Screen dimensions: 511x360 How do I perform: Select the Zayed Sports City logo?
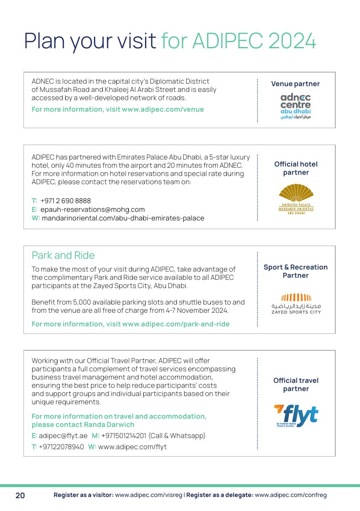click(x=296, y=304)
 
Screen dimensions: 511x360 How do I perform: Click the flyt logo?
click(x=296, y=416)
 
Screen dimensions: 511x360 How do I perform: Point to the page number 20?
click(x=20, y=495)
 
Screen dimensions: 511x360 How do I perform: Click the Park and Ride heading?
click(x=63, y=255)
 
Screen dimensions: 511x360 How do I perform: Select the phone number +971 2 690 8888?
click(x=65, y=201)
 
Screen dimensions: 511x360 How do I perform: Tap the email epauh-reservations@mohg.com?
click(x=93, y=209)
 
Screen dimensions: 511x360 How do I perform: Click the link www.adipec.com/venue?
click(x=163, y=109)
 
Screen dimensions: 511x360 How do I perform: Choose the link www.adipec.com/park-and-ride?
click(x=176, y=324)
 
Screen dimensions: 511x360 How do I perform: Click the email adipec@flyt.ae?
click(x=63, y=436)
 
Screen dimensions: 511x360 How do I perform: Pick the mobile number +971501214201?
click(x=124, y=436)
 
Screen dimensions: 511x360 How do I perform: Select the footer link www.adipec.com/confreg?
click(x=291, y=495)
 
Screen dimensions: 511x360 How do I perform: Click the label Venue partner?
click(x=295, y=84)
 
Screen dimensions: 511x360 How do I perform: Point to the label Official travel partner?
click(x=296, y=384)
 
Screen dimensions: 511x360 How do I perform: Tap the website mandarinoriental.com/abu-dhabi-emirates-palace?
click(x=123, y=218)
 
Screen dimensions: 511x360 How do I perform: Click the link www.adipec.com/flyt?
click(x=132, y=447)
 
